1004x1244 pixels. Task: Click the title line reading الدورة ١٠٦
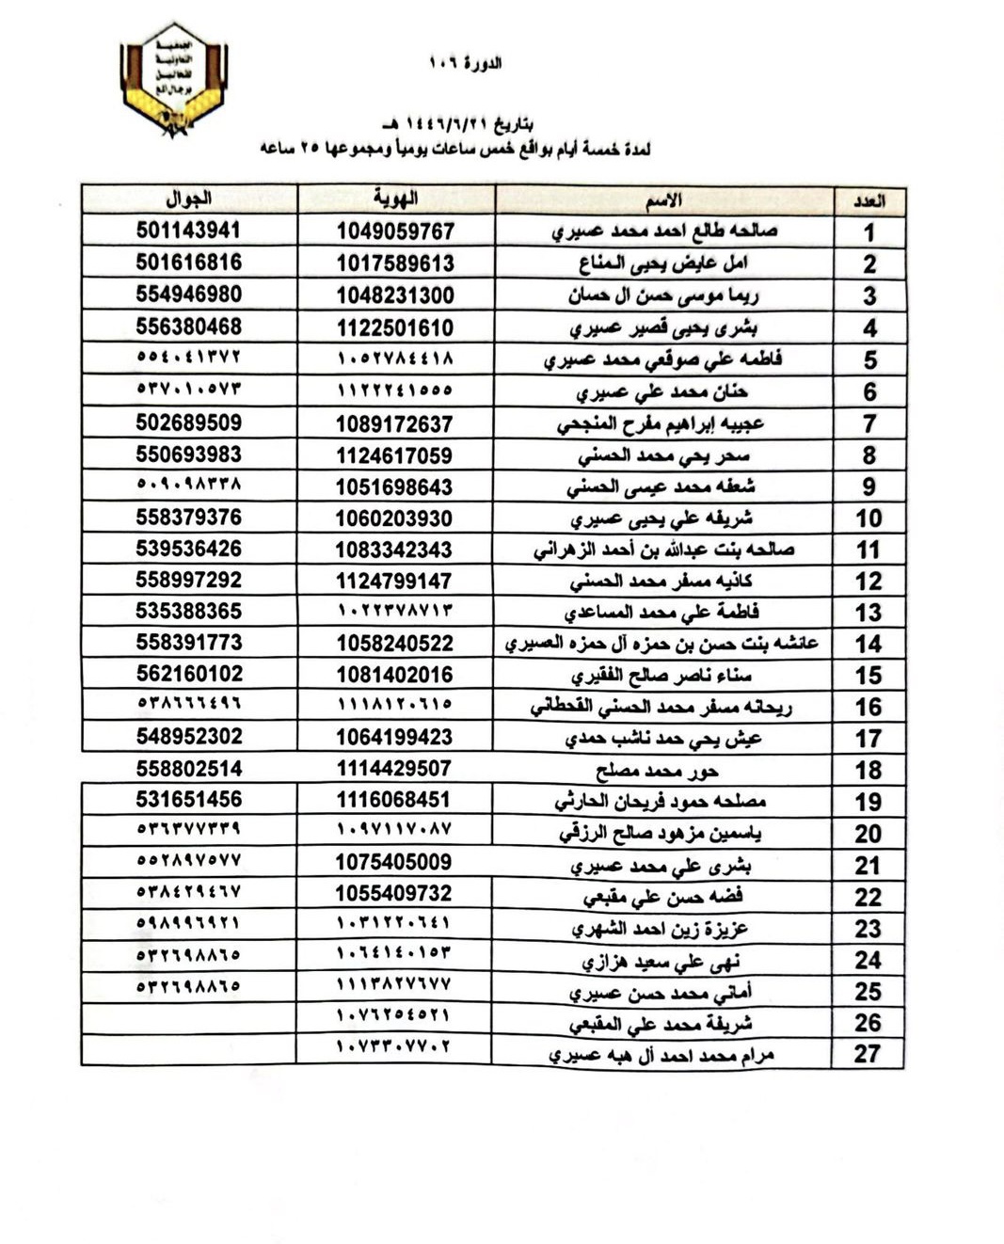465,63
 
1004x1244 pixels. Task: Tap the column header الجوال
189,199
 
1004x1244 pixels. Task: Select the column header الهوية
395,199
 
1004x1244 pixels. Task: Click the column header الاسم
663,200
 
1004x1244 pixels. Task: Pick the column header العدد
869,201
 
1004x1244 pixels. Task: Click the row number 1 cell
869,232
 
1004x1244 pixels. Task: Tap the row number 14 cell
869,644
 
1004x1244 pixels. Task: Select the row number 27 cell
867,1054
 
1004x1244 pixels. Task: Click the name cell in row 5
663,359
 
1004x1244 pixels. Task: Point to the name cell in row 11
663,550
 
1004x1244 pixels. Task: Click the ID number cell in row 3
395,295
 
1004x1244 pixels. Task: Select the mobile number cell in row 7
189,423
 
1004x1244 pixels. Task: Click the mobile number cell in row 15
189,674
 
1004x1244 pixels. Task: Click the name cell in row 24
661,961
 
